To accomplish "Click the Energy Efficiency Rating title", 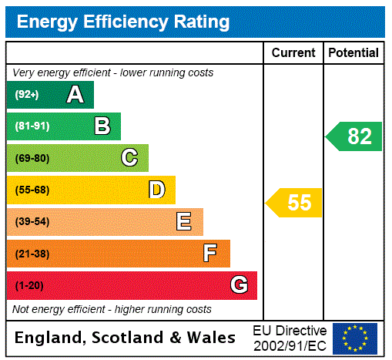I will (x=123, y=22).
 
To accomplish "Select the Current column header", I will (x=293, y=53).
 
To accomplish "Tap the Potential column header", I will (x=353, y=53).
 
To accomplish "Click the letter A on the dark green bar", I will (x=75, y=95).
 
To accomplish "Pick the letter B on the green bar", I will (x=102, y=126).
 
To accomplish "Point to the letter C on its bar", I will (x=129, y=158).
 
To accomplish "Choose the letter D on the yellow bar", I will (x=156, y=190).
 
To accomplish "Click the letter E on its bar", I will (x=184, y=222).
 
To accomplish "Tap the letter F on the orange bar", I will (x=210, y=254).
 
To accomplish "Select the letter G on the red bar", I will (x=239, y=285).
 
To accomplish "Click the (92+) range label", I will (x=27, y=95).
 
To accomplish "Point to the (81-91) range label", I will (x=32, y=126).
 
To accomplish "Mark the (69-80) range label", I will (x=32, y=159).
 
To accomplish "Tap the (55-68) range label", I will (x=32, y=190).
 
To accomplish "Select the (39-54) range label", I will (x=32, y=222).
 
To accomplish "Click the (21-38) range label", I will (x=32, y=254).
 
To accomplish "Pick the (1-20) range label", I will (x=29, y=286).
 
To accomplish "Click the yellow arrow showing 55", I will (x=295, y=203).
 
